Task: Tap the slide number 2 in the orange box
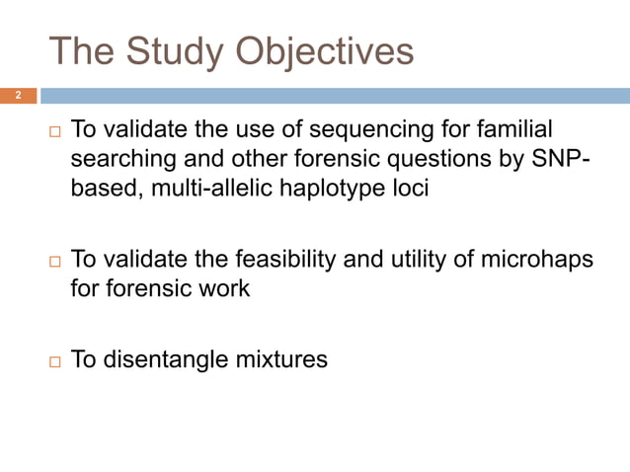click(17, 96)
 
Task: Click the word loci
click(410, 189)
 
